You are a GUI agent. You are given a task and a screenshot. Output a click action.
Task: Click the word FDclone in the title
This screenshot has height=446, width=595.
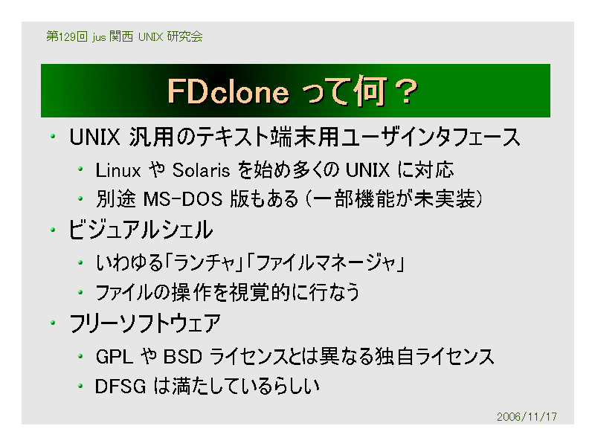point(228,91)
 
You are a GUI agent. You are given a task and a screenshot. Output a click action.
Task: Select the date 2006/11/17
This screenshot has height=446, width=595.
point(527,417)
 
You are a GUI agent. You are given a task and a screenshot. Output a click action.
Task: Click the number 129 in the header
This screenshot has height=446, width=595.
point(67,36)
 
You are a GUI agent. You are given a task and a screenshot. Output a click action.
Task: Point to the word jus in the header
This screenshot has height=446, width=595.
point(99,37)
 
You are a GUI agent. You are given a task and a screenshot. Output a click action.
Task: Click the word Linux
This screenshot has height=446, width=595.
point(118,170)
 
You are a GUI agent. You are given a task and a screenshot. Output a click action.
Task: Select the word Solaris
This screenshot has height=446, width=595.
point(201,170)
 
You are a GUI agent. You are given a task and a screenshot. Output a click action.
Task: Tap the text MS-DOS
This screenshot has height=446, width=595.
point(183,199)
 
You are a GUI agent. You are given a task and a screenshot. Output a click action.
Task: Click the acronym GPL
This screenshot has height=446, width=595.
point(115,357)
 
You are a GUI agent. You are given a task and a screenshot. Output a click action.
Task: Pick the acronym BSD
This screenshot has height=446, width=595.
point(182,357)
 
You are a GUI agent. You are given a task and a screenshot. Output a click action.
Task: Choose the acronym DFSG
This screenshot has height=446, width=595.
point(120,387)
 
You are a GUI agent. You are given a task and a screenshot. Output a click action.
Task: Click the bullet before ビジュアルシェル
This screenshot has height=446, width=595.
point(53,230)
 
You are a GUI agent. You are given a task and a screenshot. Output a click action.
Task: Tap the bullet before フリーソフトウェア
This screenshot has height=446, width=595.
point(53,323)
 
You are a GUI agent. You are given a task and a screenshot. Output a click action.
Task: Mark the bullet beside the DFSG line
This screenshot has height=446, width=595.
point(80,387)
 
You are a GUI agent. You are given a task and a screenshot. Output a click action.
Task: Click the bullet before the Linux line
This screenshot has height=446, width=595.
point(80,169)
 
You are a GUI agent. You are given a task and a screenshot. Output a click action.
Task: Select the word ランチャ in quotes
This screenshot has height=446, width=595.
point(205,263)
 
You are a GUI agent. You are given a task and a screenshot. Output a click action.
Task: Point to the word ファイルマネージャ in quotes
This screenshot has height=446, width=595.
point(327,263)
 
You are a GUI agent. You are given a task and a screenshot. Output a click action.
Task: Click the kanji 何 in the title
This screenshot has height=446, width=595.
point(370,91)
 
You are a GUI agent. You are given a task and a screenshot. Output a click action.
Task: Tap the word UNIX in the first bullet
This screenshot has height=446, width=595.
point(94,137)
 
